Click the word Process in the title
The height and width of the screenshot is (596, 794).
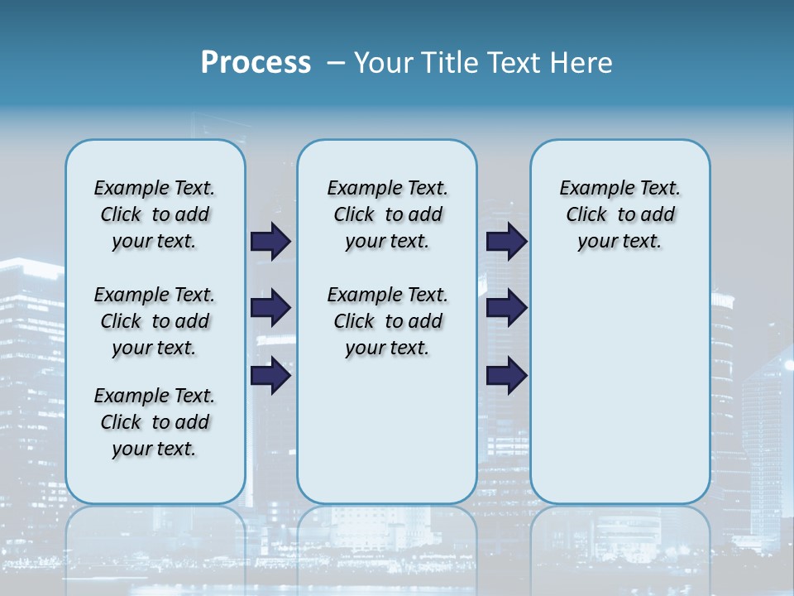256,63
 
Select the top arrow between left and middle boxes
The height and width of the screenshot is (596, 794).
270,241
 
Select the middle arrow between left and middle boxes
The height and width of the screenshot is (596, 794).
270,308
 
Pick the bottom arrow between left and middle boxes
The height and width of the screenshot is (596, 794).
270,375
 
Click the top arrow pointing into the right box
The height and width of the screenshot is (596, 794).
506,241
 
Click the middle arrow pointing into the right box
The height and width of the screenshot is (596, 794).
506,308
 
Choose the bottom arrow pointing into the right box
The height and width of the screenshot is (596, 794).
506,375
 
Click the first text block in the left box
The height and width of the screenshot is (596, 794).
155,214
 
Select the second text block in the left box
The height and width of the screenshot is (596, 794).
155,321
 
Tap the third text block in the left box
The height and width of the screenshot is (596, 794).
155,422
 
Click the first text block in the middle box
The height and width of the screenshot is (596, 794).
387,214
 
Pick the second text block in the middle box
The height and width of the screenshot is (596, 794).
387,321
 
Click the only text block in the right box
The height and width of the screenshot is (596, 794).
619,214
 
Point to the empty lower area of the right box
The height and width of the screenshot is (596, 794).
619,397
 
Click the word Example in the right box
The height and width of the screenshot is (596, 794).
591,188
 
